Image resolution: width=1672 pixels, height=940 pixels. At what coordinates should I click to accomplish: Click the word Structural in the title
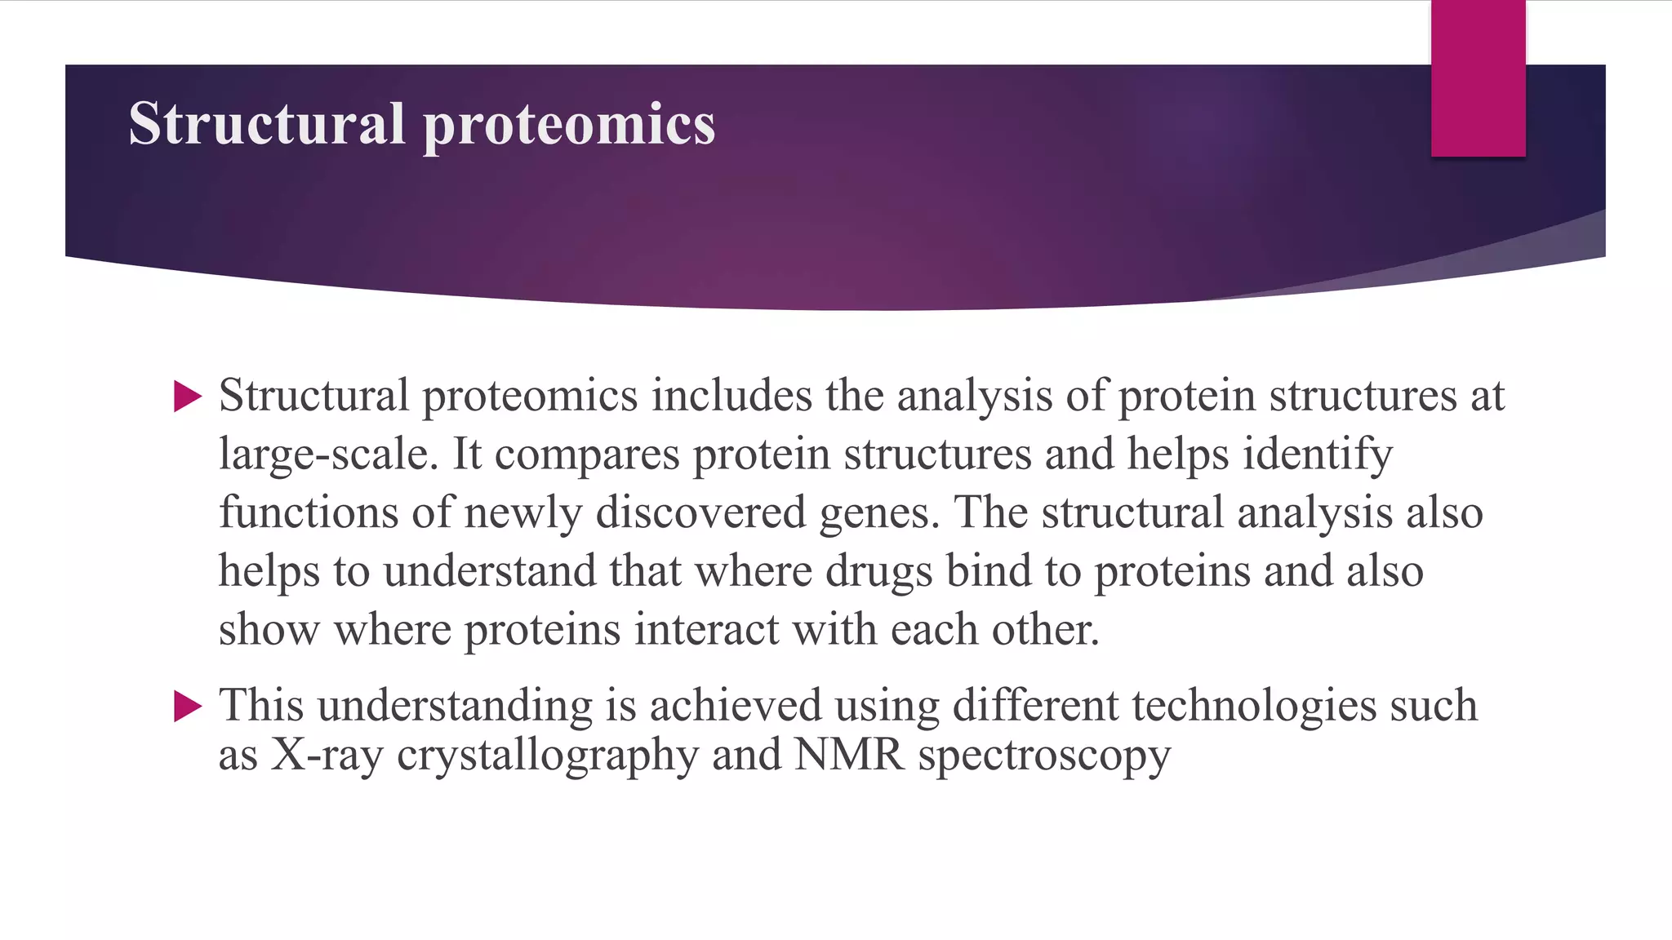pos(266,124)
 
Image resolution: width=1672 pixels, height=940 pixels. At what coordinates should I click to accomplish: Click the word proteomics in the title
pos(568,126)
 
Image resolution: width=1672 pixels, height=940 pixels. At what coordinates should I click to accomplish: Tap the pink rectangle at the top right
pos(1478,78)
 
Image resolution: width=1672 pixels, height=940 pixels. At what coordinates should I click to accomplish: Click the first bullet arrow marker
pos(188,397)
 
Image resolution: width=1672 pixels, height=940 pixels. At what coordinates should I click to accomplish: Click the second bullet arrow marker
pos(188,706)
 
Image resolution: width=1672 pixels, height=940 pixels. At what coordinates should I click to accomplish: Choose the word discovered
pos(700,513)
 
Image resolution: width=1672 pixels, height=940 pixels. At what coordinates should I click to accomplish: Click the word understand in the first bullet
pos(489,571)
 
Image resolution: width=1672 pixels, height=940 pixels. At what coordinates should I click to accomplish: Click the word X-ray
pos(327,756)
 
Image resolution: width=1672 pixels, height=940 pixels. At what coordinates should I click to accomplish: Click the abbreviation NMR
pos(849,755)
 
